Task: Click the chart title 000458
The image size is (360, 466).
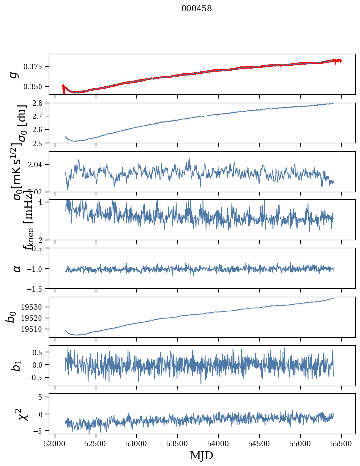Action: point(197,9)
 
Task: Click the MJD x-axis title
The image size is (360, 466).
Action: point(201,455)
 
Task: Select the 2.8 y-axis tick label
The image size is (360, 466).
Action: point(40,103)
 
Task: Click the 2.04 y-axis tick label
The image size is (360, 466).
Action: point(38,164)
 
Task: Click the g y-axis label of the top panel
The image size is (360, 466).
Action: point(15,74)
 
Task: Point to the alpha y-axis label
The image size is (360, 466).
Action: point(17,268)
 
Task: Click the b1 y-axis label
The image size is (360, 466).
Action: point(17,365)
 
